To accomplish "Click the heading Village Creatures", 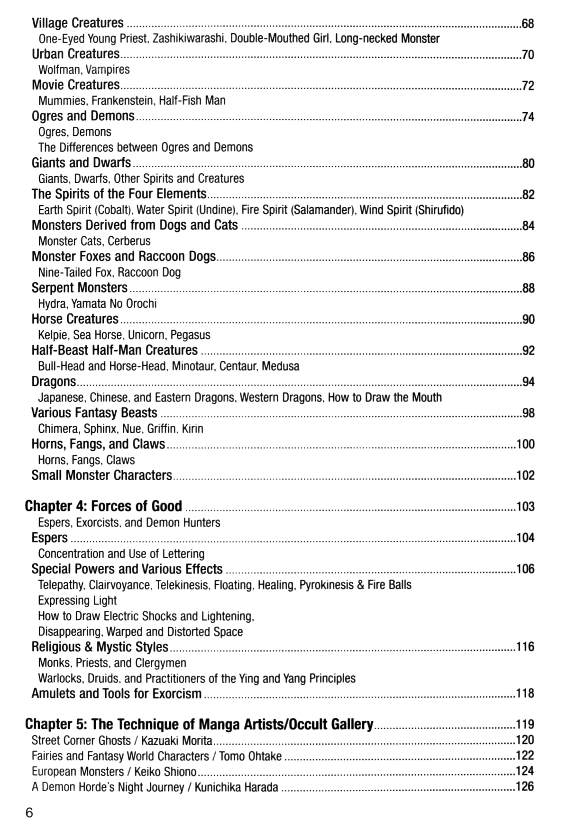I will pos(77,23).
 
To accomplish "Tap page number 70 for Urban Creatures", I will pos(527,55).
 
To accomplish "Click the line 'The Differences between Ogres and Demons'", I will pos(145,147).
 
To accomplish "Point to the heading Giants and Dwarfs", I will pos(81,163).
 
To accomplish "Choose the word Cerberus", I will pos(129,241).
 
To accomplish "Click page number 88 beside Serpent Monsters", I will pos(528,288).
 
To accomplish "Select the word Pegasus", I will pos(190,335).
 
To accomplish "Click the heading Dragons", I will pos(54,382).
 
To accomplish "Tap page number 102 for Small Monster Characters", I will pos(525,475).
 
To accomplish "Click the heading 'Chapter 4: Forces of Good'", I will pos(103,506).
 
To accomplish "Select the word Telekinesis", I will pos(183,585).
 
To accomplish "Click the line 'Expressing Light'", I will pos(77,600).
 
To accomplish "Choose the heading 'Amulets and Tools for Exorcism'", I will pos(117,694).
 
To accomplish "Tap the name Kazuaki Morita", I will pos(176,740).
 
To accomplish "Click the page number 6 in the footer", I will pos(29,813).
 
